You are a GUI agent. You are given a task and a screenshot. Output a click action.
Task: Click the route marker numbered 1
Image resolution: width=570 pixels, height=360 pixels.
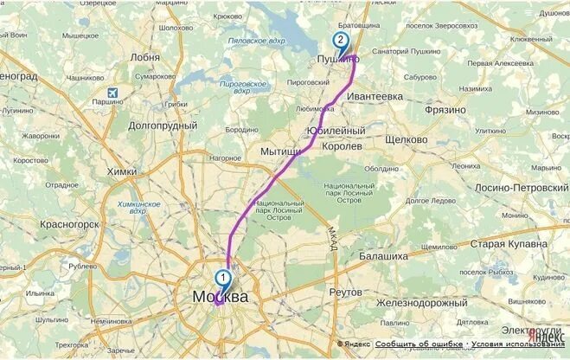223,278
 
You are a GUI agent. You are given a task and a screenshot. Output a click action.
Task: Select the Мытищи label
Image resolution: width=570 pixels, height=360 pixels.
279,151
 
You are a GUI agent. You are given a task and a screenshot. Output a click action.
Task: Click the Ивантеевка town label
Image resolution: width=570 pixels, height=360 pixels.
375,98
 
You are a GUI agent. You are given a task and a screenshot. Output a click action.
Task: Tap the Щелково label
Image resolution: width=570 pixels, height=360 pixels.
406,139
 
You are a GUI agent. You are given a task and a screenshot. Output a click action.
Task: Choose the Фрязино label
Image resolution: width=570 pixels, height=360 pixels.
445,110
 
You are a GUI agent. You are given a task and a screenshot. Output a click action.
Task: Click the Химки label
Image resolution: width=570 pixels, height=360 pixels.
121,171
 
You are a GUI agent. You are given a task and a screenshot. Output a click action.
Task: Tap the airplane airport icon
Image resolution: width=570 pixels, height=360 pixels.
112,93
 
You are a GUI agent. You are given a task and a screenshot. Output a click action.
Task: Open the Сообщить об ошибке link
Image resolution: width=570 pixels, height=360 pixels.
419,344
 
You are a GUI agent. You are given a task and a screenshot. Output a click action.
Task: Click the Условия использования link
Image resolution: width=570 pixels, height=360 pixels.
518,344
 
